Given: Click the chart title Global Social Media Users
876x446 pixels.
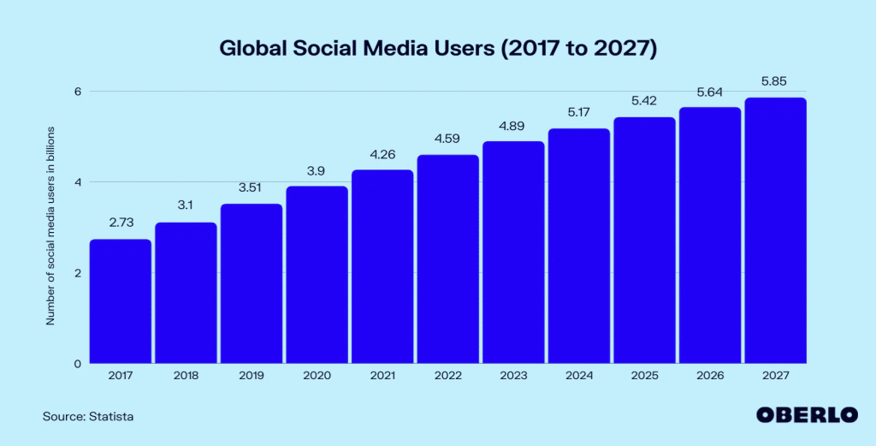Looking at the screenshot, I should (437, 49).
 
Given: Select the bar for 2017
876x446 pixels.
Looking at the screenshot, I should (121, 300).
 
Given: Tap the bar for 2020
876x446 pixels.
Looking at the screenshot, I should (317, 274).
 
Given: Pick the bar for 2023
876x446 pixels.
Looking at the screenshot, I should (513, 252).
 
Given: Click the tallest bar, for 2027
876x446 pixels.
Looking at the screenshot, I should (775, 230).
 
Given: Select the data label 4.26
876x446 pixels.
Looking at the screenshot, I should (382, 155).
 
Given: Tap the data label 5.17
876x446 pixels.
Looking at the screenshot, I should (578, 113).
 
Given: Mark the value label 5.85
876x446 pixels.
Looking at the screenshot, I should (775, 82).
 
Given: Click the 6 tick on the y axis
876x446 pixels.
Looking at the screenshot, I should (76, 92).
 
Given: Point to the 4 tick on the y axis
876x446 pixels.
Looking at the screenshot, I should (76, 182).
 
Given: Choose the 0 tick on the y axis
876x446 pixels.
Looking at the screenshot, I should (76, 364).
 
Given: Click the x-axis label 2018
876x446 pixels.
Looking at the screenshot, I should (186, 376).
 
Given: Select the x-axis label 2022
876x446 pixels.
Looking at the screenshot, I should (447, 376).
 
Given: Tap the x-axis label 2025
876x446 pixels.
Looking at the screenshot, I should (644, 376).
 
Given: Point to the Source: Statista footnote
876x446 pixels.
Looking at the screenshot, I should (88, 416).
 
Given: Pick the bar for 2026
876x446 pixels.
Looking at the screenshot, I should (709, 235).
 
